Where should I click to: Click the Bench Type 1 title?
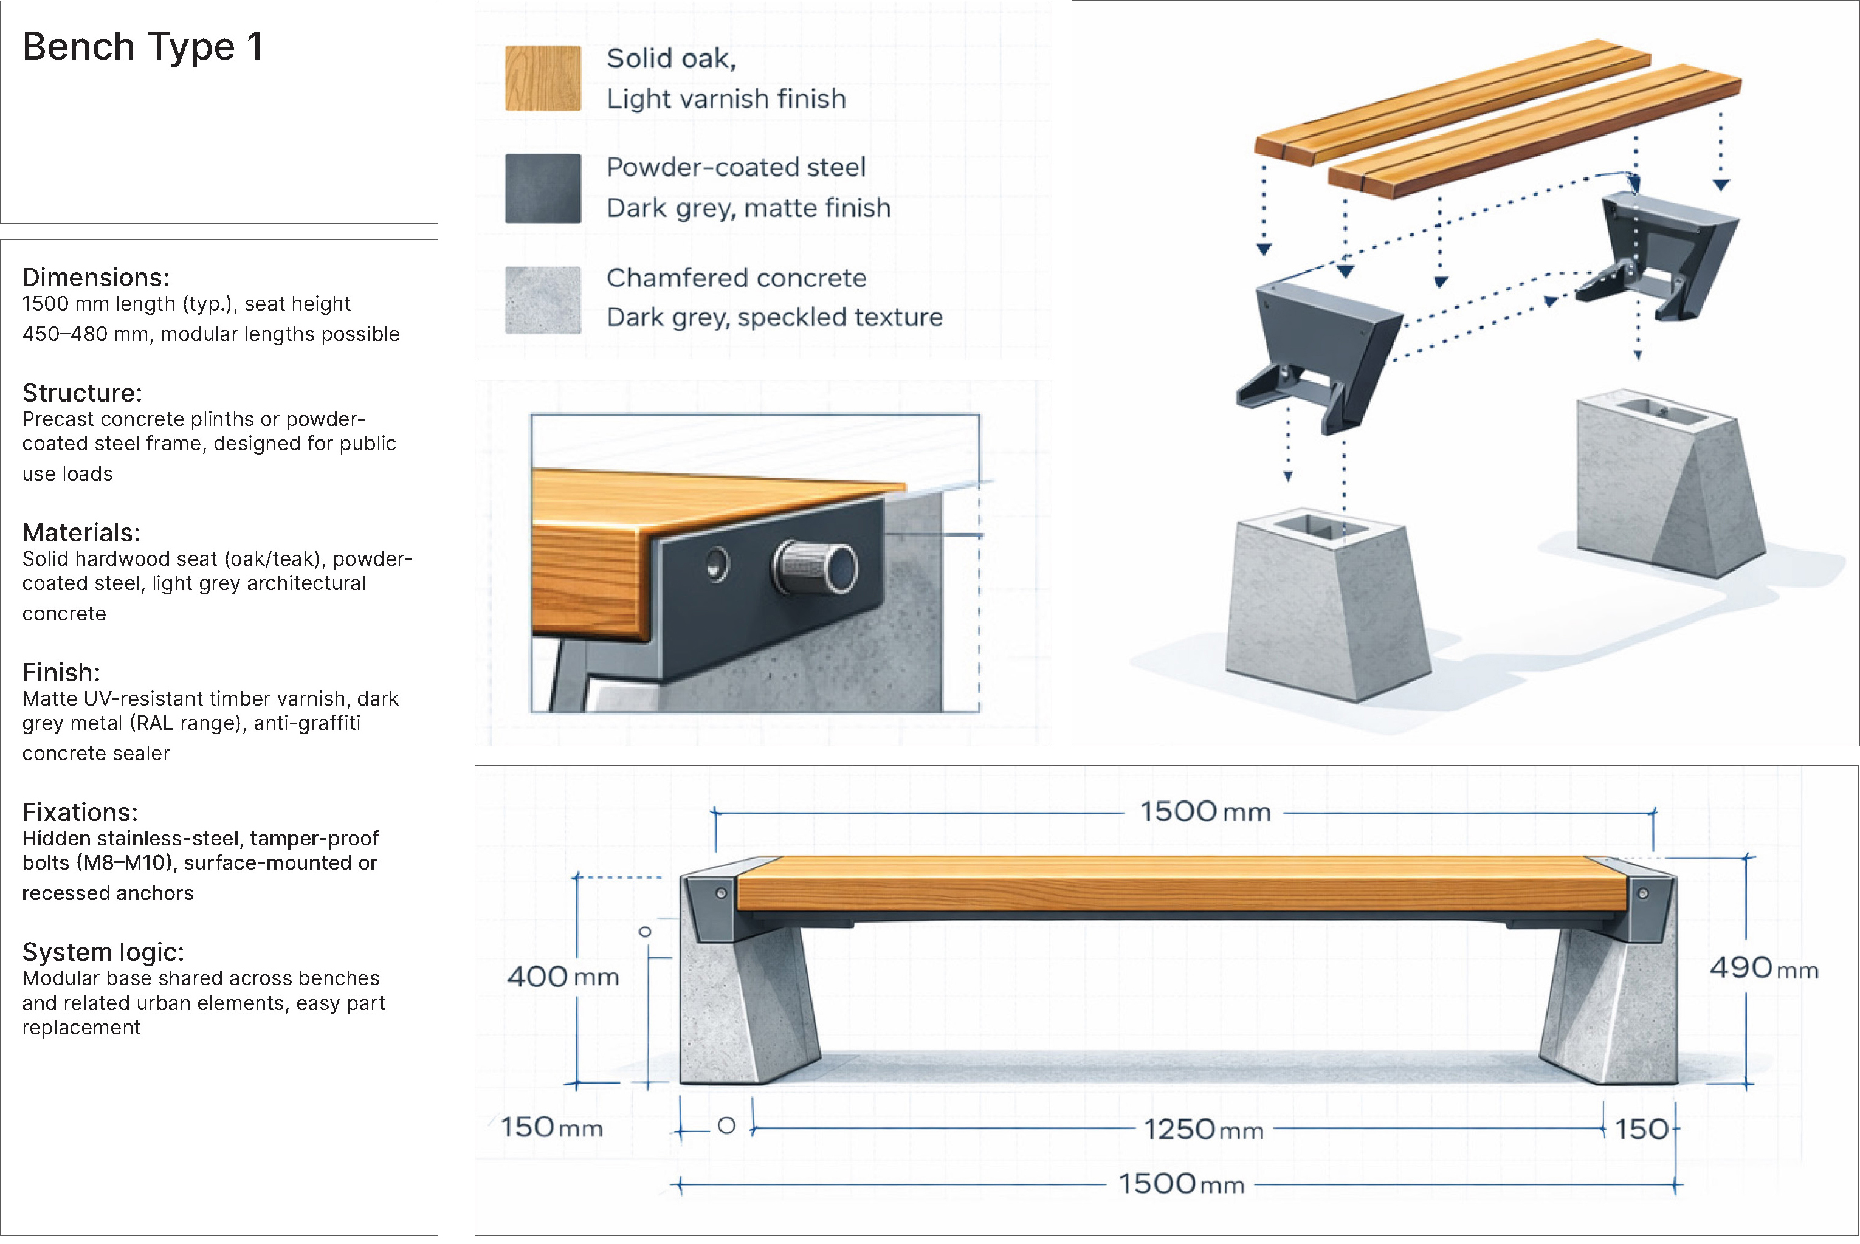(x=143, y=47)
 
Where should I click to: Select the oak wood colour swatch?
(x=543, y=78)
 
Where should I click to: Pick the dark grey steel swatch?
(x=543, y=188)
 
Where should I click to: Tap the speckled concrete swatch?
(x=543, y=300)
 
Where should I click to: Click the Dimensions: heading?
(x=95, y=277)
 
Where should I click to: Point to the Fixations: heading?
(x=80, y=812)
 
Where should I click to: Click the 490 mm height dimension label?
(x=1763, y=968)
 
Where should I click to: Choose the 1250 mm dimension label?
(x=1203, y=1129)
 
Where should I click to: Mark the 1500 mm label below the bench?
(x=1181, y=1184)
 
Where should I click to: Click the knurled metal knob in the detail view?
(x=816, y=567)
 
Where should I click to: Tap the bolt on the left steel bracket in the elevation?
(x=722, y=893)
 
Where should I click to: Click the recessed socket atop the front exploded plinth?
(x=1321, y=526)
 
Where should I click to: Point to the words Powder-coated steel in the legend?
(x=735, y=167)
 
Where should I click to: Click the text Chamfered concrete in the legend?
(x=735, y=278)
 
